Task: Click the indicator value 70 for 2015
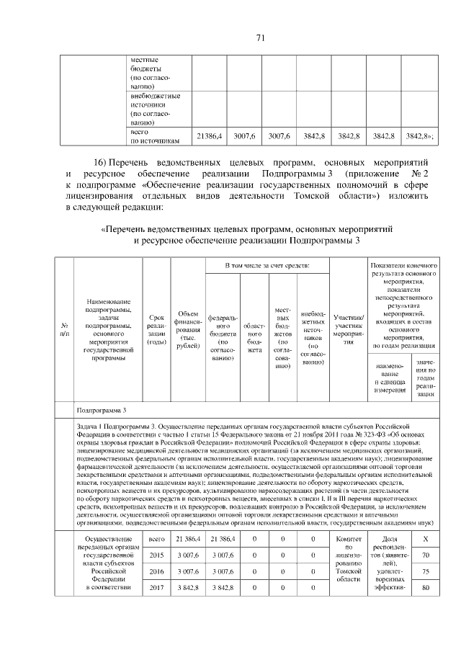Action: click(x=426, y=555)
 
